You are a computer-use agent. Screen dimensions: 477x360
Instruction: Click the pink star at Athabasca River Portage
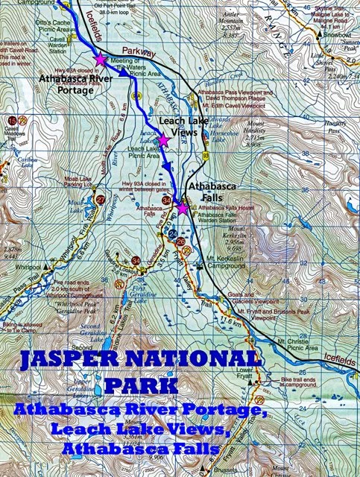pos(100,59)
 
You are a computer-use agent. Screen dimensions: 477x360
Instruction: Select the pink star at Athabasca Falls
pos(183,209)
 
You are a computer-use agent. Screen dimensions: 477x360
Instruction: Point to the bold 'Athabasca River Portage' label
pos(59,83)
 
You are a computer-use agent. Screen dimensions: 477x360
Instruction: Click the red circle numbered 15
pos(12,120)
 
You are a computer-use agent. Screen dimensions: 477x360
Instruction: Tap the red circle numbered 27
pos(101,200)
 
